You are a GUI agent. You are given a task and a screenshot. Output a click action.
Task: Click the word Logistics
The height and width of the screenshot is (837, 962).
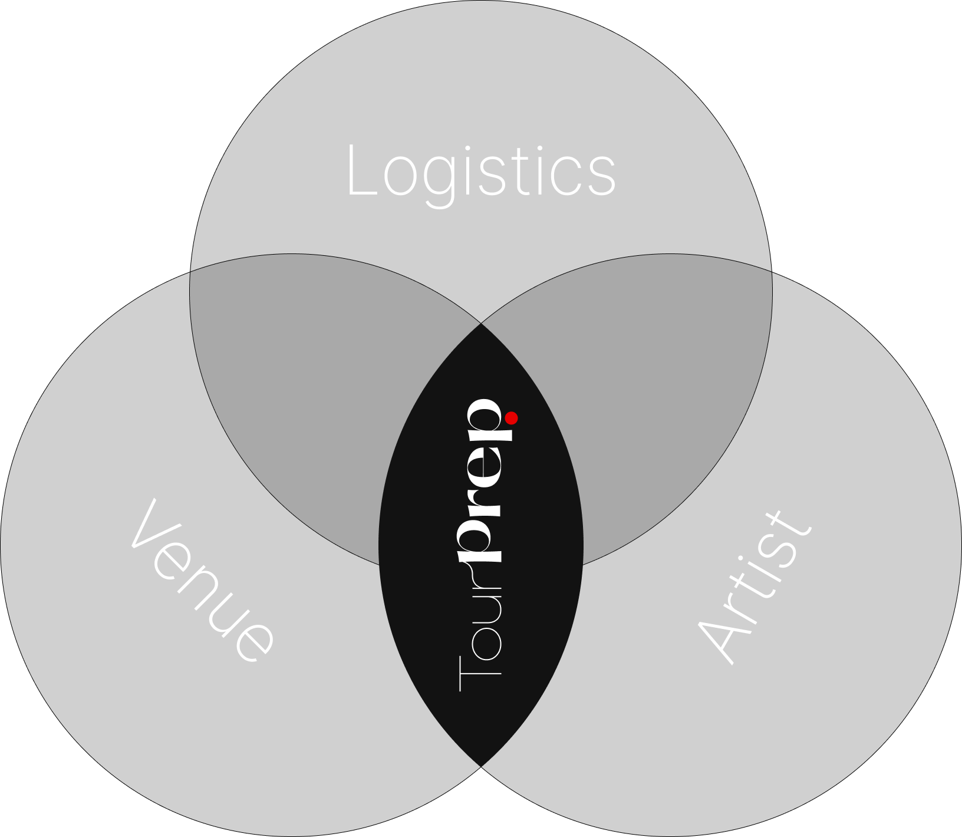click(x=480, y=172)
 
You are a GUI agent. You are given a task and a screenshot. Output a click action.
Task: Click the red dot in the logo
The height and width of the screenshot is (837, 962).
click(x=512, y=418)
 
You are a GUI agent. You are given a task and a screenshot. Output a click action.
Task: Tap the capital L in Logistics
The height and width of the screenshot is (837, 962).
click(x=361, y=171)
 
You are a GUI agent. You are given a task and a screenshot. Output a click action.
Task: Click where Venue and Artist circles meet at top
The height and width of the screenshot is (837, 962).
click(x=481, y=323)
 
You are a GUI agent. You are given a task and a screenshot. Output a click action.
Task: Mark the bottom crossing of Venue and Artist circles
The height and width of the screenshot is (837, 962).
click(x=481, y=767)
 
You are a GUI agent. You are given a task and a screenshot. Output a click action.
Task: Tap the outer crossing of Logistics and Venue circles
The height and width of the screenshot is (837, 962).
click(x=190, y=272)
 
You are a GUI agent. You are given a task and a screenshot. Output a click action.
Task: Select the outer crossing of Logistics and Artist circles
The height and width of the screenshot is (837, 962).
click(x=772, y=272)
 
